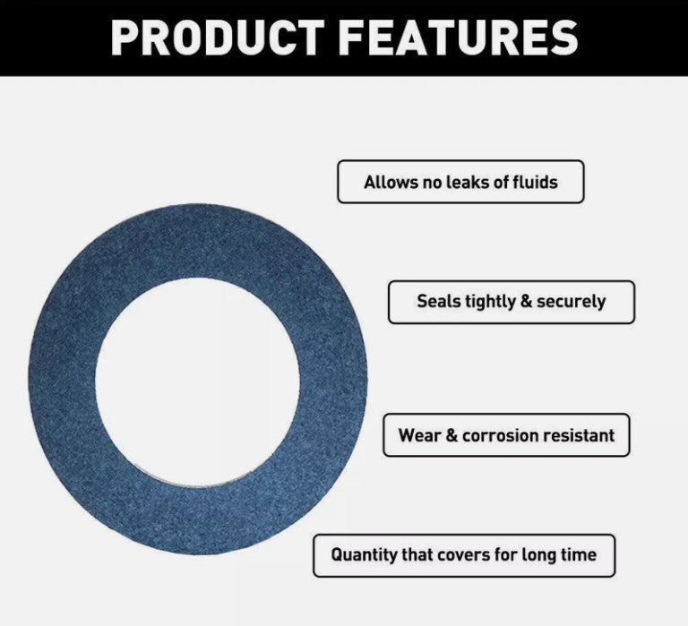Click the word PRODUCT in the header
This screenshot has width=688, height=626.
(x=218, y=38)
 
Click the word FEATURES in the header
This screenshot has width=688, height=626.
(x=459, y=38)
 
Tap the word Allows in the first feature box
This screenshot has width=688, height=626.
(x=390, y=182)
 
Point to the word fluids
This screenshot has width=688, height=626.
(x=536, y=182)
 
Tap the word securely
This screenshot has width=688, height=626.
(x=571, y=302)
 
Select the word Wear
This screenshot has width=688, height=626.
(x=419, y=435)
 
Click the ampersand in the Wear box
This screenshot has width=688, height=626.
(x=451, y=435)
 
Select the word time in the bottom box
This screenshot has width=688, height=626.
(x=578, y=555)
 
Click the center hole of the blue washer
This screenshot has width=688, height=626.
(x=197, y=382)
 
